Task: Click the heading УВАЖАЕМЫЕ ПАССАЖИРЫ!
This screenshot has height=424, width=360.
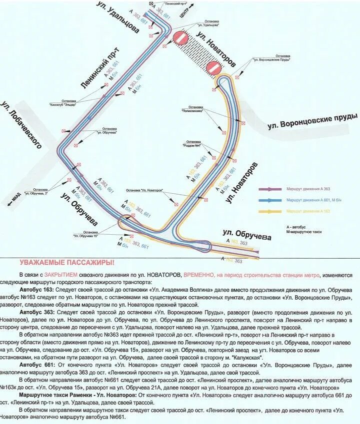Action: click(67, 262)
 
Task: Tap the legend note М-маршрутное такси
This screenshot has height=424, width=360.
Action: click(304, 232)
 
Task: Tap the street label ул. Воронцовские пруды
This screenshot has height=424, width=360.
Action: click(313, 120)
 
